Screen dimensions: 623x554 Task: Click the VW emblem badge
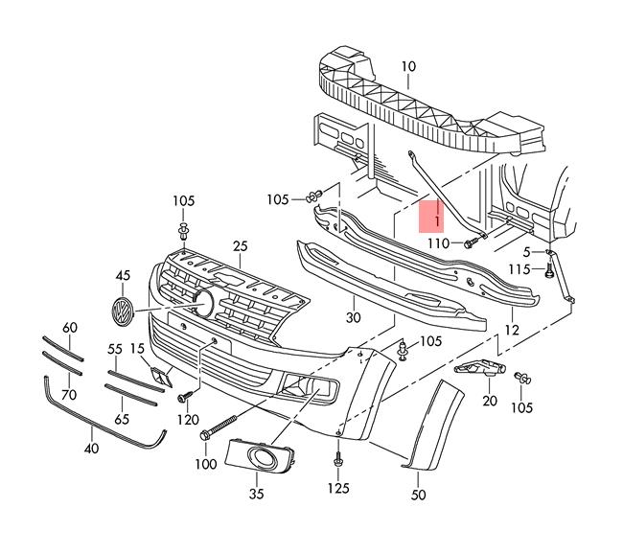(x=123, y=312)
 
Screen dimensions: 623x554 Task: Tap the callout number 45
(x=123, y=275)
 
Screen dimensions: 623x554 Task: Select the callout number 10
(x=408, y=66)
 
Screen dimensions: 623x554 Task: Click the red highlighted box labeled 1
(x=431, y=217)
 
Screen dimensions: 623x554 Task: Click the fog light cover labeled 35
(x=261, y=456)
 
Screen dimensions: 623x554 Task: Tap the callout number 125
(x=338, y=488)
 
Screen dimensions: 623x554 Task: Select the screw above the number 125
(x=338, y=460)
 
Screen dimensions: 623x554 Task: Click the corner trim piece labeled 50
(x=432, y=425)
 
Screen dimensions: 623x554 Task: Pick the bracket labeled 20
(x=480, y=368)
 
